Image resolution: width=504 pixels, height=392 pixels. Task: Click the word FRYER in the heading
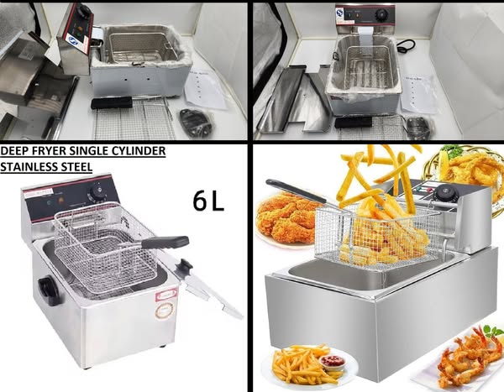pos(50,151)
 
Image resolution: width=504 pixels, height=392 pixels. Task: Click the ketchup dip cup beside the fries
pos(332,362)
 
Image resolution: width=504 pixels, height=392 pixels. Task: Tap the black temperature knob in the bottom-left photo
pos(97,191)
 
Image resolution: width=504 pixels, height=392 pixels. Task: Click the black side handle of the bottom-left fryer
pos(49,291)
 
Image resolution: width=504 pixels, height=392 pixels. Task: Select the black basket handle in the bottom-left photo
pos(165,242)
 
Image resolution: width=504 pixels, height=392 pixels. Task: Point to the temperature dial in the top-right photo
pos(381,14)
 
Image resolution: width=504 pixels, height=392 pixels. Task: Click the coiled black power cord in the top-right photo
pos(407,44)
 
